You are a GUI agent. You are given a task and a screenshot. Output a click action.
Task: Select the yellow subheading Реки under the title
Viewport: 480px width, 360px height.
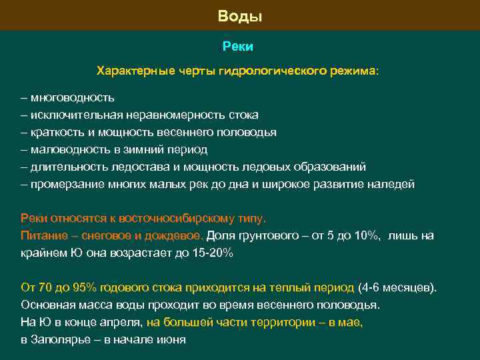(x=238, y=46)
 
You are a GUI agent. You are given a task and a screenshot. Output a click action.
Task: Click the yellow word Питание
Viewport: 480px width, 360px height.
(x=43, y=235)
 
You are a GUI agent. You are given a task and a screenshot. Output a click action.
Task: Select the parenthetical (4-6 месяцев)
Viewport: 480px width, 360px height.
(x=397, y=287)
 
